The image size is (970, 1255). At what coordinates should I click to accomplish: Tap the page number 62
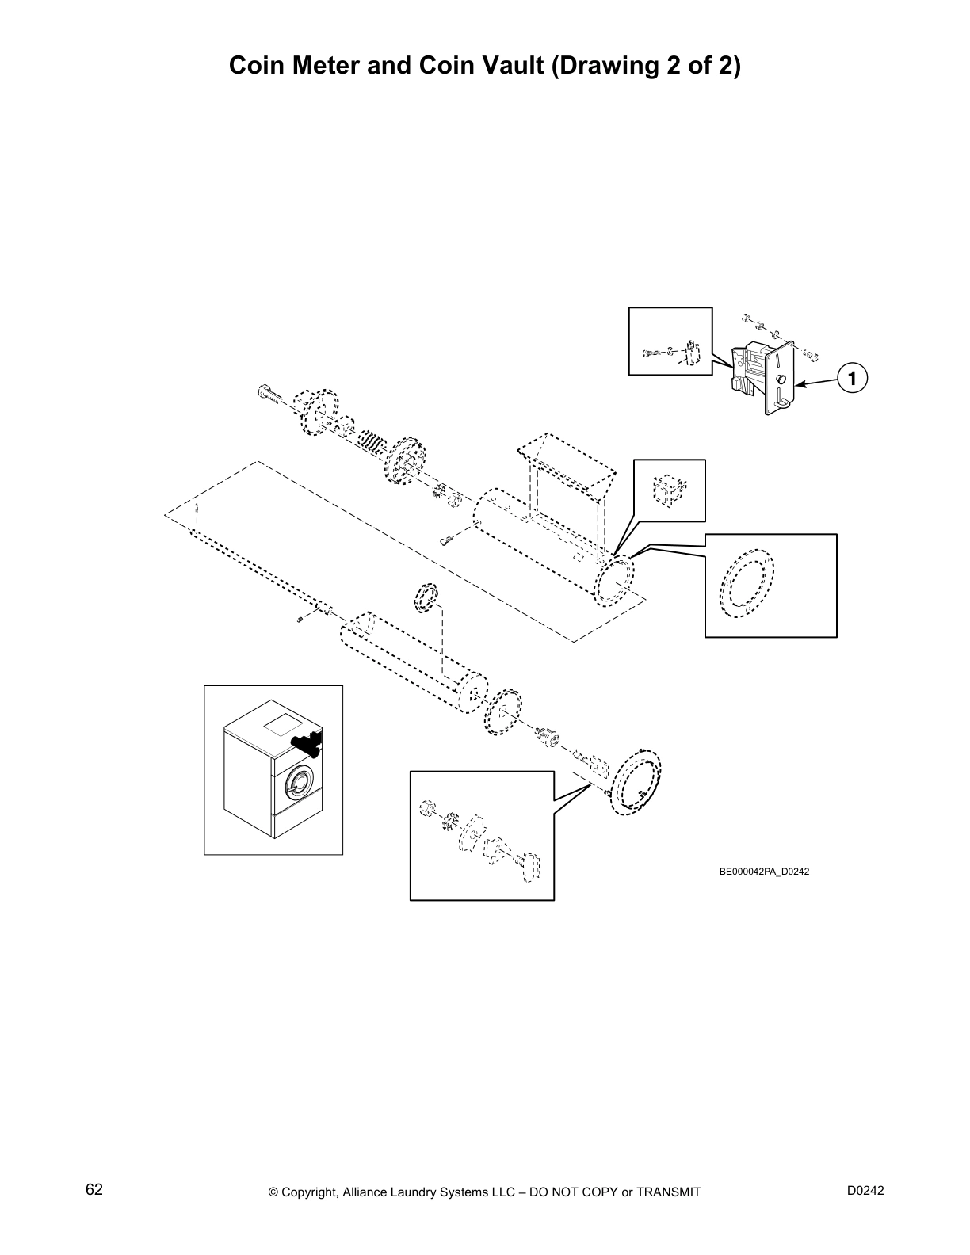click(94, 1190)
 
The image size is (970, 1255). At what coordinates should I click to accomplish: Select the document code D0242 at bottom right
click(865, 1191)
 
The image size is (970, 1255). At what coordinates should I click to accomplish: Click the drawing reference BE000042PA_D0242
click(764, 872)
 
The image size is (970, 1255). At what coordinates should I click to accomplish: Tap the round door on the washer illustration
click(298, 783)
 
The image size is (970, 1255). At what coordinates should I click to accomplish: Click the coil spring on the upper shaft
click(372, 441)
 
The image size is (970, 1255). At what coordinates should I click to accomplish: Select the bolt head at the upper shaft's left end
click(265, 391)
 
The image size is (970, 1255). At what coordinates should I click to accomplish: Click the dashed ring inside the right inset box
click(746, 583)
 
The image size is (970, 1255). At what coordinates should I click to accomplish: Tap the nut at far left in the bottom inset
click(426, 808)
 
